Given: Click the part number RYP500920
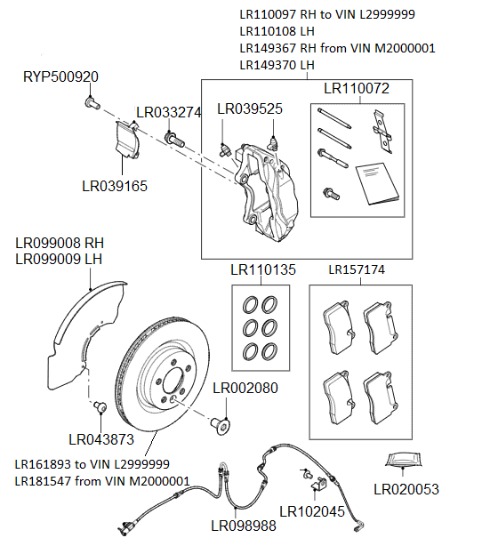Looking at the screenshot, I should click(60, 77).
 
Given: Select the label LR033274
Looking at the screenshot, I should click(168, 113).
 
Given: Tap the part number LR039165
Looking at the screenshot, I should click(114, 186).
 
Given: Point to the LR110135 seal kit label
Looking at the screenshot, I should click(262, 269).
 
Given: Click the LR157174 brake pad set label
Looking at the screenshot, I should click(359, 269).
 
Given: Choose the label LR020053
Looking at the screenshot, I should click(406, 489).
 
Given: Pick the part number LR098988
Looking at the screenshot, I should click(243, 526).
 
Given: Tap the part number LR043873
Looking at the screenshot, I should click(101, 439).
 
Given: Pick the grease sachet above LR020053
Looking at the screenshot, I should click(406, 460).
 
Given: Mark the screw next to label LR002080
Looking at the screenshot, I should click(221, 424).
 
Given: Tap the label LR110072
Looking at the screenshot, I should click(356, 88).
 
